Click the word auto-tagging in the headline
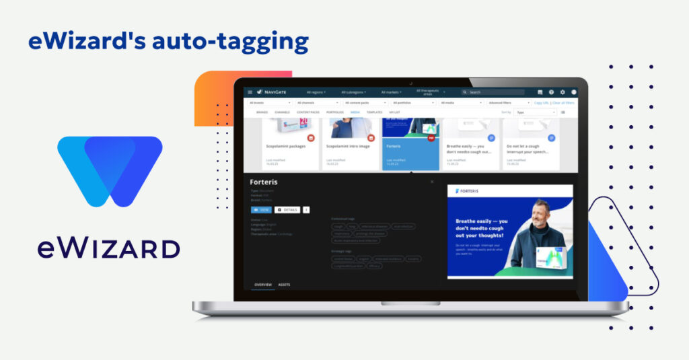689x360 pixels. [x=231, y=41]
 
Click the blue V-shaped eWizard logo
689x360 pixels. [x=110, y=171]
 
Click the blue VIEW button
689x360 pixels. [x=261, y=209]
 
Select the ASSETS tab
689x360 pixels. [x=284, y=285]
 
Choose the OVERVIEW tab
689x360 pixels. [x=262, y=285]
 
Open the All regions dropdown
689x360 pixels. [x=316, y=92]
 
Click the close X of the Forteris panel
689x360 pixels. [x=432, y=182]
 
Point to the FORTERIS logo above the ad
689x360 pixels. [x=469, y=191]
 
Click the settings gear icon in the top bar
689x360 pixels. [x=563, y=92]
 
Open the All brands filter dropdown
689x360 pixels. [x=270, y=103]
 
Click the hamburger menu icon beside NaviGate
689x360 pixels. [x=250, y=92]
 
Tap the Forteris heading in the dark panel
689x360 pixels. [x=264, y=182]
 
